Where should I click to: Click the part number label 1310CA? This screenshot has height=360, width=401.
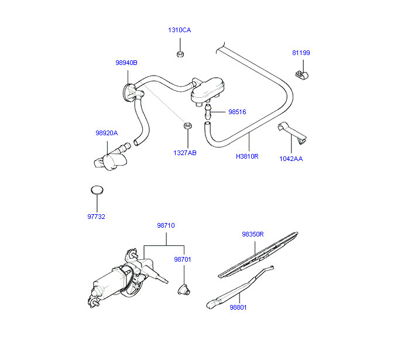pos(179,30)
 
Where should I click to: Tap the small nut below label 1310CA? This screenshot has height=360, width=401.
pos(180,54)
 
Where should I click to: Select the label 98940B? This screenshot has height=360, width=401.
pos(126,63)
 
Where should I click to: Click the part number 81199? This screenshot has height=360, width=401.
pos(301,53)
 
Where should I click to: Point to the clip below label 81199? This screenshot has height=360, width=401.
pos(301,75)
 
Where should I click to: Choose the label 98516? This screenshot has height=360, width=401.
pos(237,111)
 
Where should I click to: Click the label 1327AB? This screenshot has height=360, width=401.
pos(184,153)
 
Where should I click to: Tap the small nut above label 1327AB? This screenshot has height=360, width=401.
pos(187,126)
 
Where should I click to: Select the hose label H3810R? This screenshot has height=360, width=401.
pos(247,156)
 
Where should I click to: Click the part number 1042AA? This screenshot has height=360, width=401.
pos(291,158)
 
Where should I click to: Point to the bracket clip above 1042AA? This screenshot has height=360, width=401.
pos(293,131)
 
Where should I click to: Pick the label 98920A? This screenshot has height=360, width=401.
pos(107,133)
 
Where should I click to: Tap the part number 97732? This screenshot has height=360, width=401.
pos(96,217)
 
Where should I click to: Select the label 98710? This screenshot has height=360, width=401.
pos(166,225)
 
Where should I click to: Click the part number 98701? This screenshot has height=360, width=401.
pos(182,259)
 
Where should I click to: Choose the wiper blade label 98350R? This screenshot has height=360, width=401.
pos(253,234)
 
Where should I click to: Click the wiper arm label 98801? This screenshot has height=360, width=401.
pos(238,307)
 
